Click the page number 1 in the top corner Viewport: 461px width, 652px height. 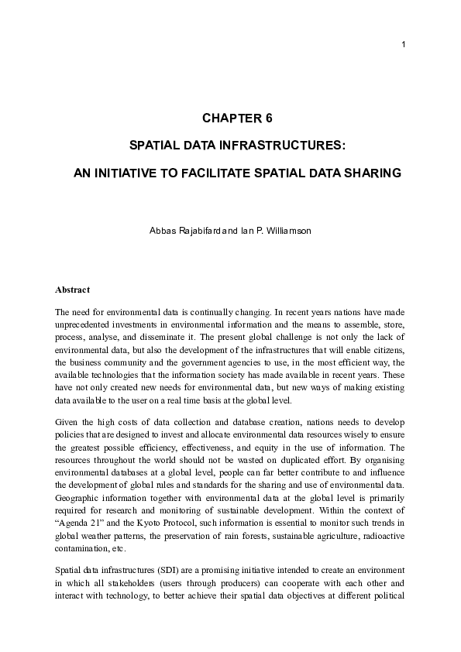coord(404,43)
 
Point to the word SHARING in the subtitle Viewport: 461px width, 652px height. coord(373,173)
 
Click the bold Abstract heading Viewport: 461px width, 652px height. coord(73,290)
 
